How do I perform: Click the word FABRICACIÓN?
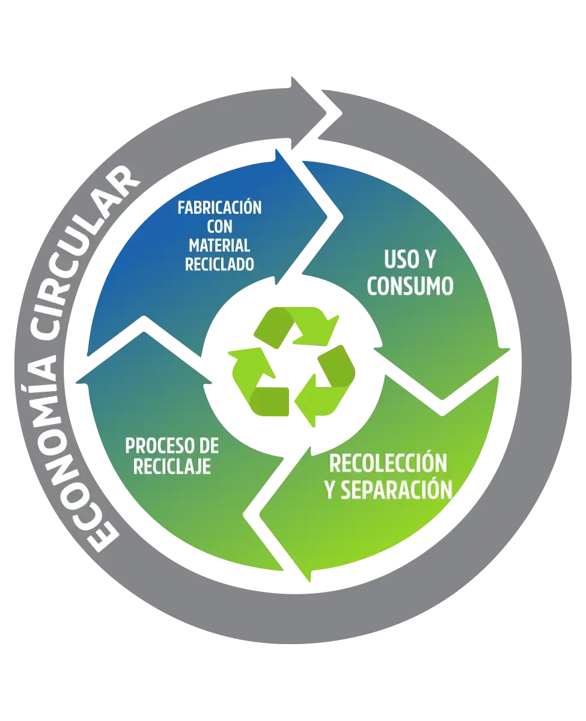pyautogui.click(x=220, y=207)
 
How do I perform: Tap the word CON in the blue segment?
pyautogui.click(x=220, y=226)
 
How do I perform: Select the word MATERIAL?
pyautogui.click(x=220, y=245)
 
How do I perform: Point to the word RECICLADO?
pyautogui.click(x=220, y=264)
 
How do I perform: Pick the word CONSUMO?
pyautogui.click(x=411, y=286)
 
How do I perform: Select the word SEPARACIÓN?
pyautogui.click(x=397, y=490)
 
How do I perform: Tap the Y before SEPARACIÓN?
pyautogui.click(x=330, y=490)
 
